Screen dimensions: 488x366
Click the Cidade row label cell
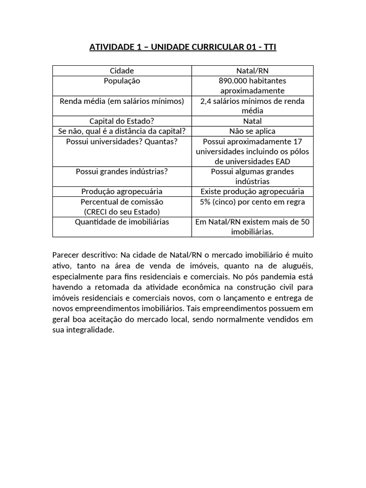click(122, 71)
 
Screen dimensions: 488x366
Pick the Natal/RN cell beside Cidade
click(253, 71)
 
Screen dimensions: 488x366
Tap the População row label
click(122, 81)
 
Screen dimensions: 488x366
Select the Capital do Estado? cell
click(122, 121)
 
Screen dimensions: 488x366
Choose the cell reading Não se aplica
click(253, 131)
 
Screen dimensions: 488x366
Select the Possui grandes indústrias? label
click(122, 172)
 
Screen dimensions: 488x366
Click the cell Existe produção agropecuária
click(253, 192)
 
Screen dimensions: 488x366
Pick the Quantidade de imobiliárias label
click(122, 222)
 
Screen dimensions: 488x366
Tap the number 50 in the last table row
click(305, 222)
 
